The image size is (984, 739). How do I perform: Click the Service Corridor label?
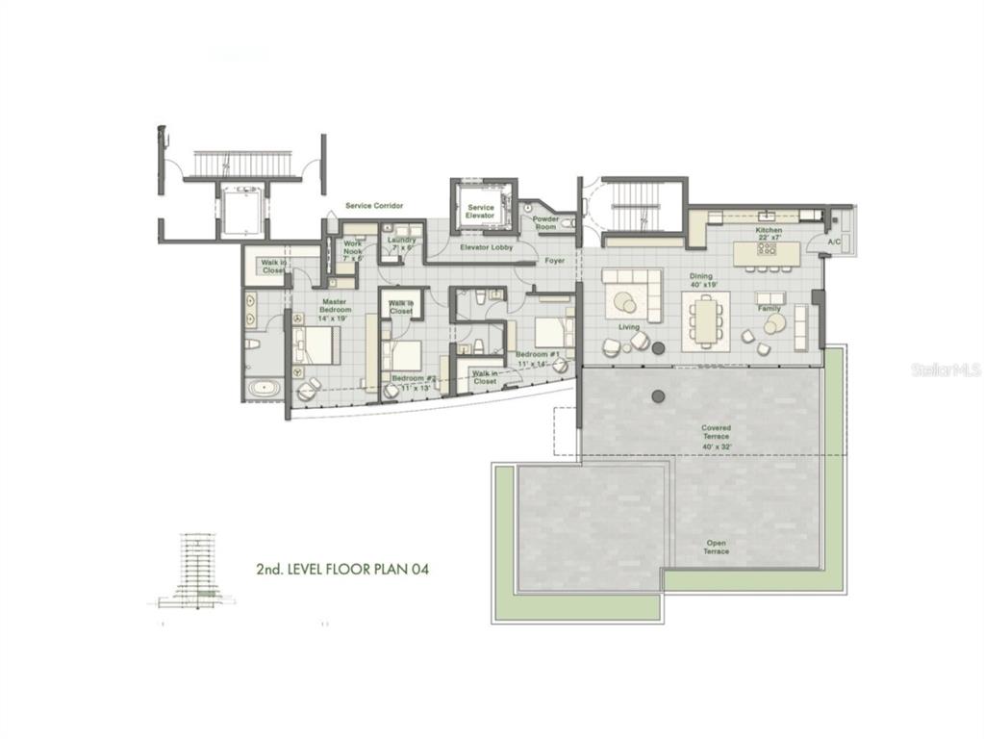point(374,206)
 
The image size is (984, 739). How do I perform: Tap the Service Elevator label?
point(480,212)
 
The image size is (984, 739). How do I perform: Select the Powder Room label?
point(545,222)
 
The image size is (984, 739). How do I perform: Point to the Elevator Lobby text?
point(486,247)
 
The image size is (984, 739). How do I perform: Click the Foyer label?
point(554,260)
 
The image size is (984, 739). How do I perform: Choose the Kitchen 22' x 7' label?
point(769,235)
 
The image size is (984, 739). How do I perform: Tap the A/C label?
point(833,242)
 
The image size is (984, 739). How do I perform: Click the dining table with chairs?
point(706,320)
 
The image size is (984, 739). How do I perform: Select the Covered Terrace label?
point(716,432)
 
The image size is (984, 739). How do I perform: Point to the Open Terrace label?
point(716,548)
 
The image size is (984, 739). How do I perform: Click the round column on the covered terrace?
point(659,395)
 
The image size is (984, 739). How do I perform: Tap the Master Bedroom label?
point(336,305)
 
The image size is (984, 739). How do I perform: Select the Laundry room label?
point(401,243)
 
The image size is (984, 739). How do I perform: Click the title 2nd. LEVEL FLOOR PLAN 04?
point(341,569)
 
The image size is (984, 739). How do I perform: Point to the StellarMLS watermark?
point(946,369)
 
